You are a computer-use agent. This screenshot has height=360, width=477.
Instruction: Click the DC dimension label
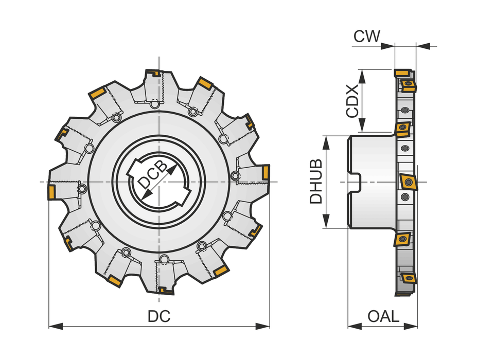point(159,317)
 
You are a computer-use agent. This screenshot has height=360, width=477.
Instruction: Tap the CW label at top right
point(367,37)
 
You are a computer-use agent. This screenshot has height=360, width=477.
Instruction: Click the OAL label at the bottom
point(383,316)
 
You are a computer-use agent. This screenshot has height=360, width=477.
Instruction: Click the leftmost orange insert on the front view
point(52,192)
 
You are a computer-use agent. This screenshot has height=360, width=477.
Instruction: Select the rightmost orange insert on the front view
point(266,171)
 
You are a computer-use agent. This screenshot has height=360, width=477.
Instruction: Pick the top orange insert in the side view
point(406,82)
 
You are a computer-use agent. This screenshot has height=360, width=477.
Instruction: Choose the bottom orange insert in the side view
point(408,278)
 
